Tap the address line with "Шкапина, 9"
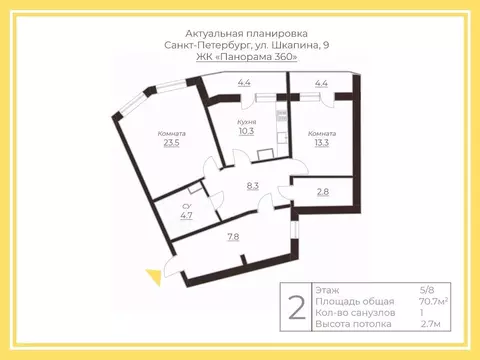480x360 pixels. click(239, 46)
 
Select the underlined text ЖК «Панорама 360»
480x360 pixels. click(240, 59)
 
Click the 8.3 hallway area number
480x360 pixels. click(253, 185)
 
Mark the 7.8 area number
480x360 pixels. click(232, 236)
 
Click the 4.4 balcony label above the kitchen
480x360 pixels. click(244, 84)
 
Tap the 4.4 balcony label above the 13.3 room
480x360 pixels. click(321, 84)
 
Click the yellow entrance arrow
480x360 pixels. click(153, 276)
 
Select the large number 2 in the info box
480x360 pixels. click(296, 307)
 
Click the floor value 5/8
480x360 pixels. click(428, 289)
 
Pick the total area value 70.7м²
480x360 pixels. click(433, 300)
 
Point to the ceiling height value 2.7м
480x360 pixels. click(431, 323)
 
